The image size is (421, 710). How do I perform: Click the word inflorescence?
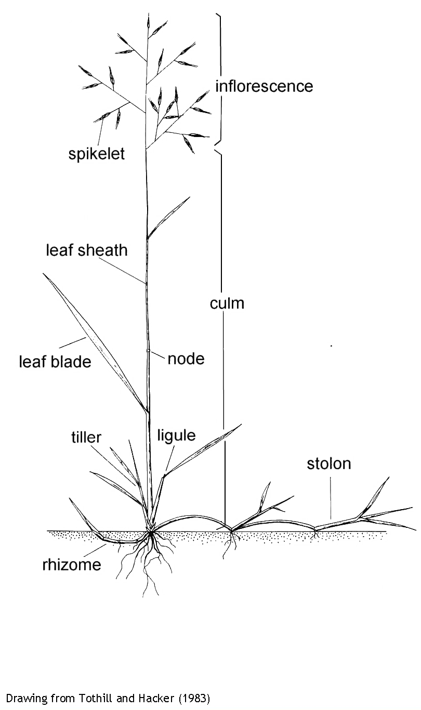[264, 86]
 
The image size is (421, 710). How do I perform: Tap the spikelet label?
[97, 154]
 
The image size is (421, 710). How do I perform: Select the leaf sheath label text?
[87, 250]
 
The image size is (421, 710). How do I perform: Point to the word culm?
[227, 303]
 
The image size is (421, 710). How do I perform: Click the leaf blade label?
[55, 362]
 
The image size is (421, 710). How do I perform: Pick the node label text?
[186, 359]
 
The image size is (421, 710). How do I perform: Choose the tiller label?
[86, 438]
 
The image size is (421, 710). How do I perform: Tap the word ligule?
[177, 435]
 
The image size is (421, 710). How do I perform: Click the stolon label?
[329, 463]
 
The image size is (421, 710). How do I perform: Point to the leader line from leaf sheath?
[122, 270]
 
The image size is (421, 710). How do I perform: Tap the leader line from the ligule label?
[170, 458]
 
